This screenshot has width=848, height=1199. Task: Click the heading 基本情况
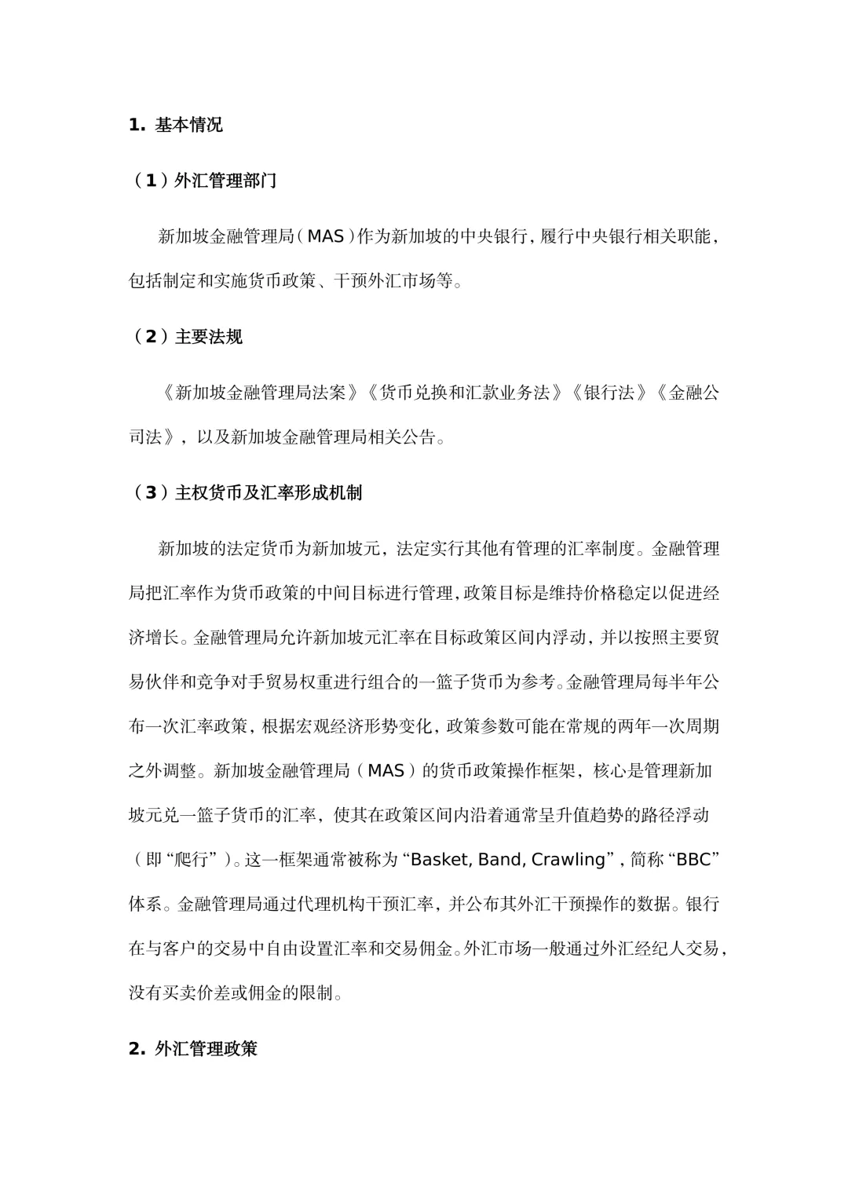tap(188, 125)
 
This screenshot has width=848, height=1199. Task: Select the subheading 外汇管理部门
tap(225, 181)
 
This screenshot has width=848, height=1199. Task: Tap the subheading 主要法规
tap(208, 337)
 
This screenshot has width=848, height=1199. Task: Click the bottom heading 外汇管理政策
tap(206, 1048)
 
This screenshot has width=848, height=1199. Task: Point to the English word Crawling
tap(568, 860)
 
